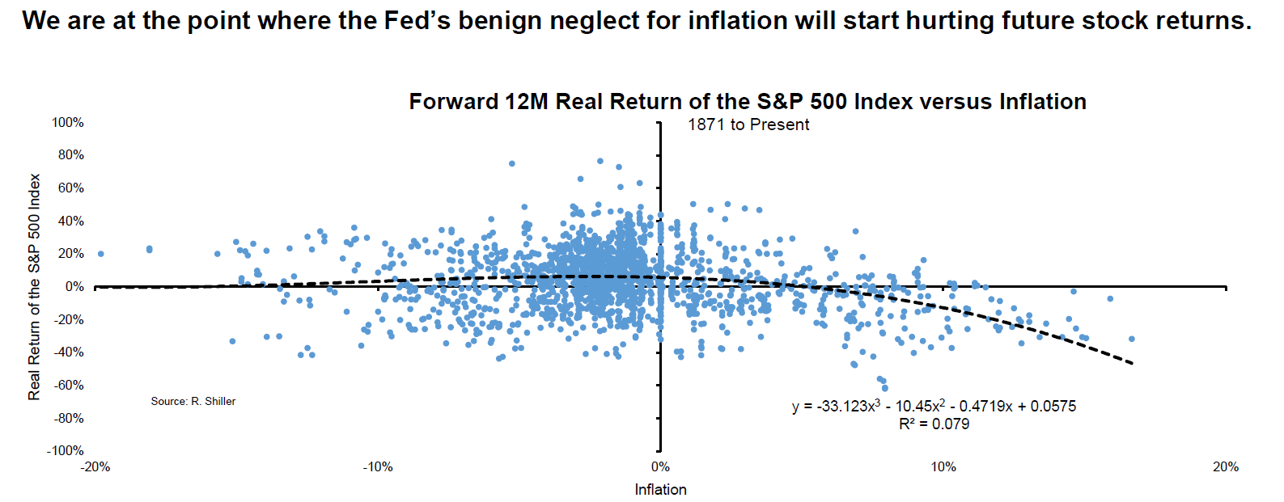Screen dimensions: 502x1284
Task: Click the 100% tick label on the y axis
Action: pyautogui.click(x=68, y=122)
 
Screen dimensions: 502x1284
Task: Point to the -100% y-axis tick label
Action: pyautogui.click(x=66, y=450)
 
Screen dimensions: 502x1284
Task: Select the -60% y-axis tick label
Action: pyautogui.click(x=69, y=385)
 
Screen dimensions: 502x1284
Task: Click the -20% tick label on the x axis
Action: pyautogui.click(x=95, y=466)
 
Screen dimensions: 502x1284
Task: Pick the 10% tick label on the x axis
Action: pyautogui.click(x=943, y=466)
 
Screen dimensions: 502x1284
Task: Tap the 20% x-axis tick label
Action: pyautogui.click(x=1225, y=466)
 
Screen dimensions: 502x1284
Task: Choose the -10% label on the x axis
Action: pyautogui.click(x=378, y=466)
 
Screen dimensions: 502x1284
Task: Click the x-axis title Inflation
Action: pyautogui.click(x=660, y=489)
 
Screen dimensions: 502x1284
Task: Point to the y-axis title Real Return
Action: pyautogui.click(x=34, y=286)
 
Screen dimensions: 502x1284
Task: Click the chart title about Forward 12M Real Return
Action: pyautogui.click(x=747, y=102)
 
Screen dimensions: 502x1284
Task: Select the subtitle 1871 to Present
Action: pyautogui.click(x=748, y=124)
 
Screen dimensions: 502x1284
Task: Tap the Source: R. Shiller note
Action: pyautogui.click(x=193, y=401)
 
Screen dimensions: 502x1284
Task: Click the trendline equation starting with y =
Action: pyautogui.click(x=934, y=406)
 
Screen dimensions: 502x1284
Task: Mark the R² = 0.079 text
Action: pyautogui.click(x=934, y=424)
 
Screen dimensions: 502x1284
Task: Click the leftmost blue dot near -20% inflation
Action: pyautogui.click(x=101, y=254)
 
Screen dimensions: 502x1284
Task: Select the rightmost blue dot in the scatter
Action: pyautogui.click(x=1131, y=339)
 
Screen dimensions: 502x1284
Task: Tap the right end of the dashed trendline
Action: pyautogui.click(x=1132, y=364)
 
